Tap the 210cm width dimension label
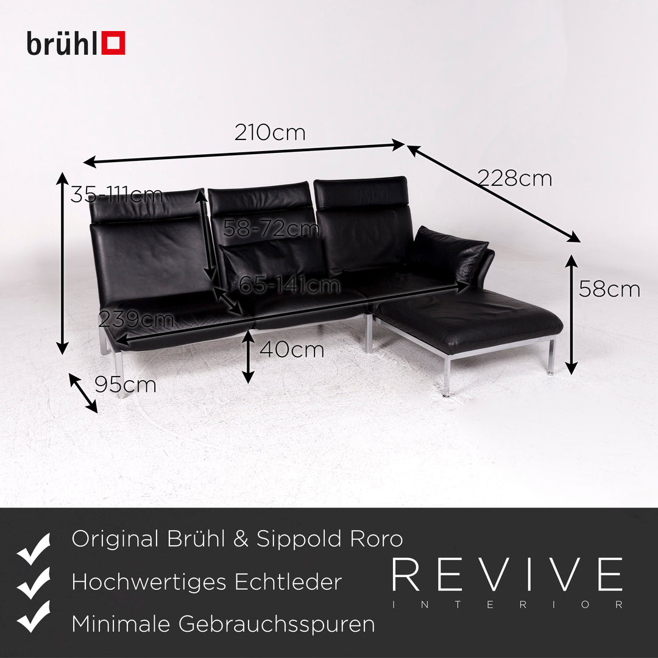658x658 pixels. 269,132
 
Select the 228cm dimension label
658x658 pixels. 514,179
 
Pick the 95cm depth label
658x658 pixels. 125,384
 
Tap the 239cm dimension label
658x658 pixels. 136,319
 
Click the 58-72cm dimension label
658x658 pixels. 271,228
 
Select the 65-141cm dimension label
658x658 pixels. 289,285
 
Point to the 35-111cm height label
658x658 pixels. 116,195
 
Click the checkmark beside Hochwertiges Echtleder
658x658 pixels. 34,583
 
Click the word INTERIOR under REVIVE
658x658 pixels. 507,605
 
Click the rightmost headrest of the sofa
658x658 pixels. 361,186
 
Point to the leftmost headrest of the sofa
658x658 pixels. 147,205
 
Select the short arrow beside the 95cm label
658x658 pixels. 83,393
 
